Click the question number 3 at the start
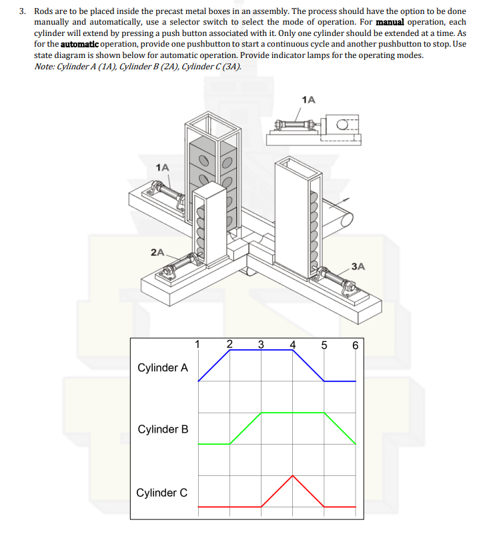tap(21, 12)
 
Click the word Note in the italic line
tap(43, 66)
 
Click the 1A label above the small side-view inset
tap(308, 99)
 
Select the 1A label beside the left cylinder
tap(162, 167)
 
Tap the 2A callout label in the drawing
tap(157, 252)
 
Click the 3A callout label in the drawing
tap(358, 266)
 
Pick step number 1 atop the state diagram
tap(197, 345)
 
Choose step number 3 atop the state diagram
tap(260, 345)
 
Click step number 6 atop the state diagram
tap(355, 345)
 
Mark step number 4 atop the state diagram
tap(292, 345)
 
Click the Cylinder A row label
tap(162, 367)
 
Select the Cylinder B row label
tap(162, 429)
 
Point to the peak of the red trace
tap(292, 476)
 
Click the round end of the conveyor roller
tap(345, 218)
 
